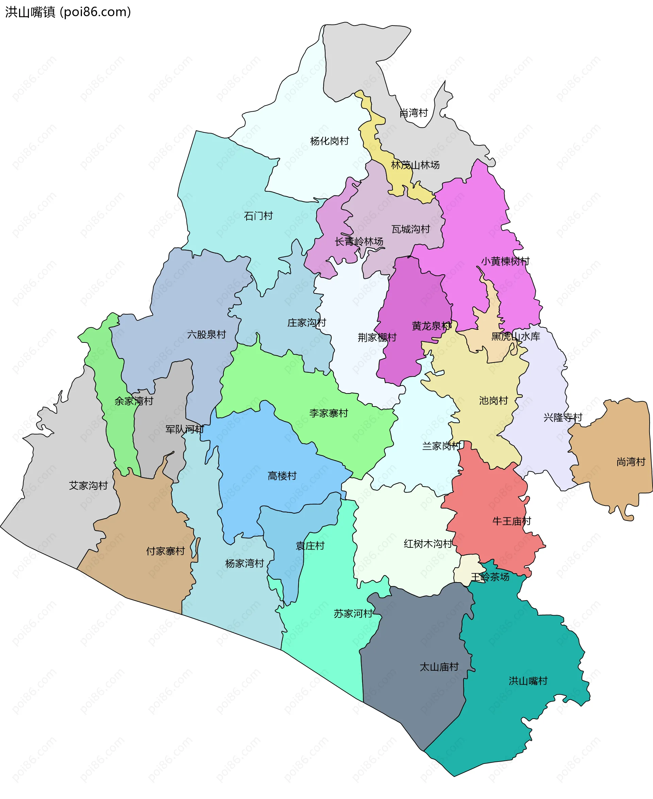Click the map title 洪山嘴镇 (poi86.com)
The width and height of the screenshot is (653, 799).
[68, 12]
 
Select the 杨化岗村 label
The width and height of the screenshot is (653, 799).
[329, 141]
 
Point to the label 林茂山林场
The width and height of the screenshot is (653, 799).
[415, 165]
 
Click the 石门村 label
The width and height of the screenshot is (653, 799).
[258, 216]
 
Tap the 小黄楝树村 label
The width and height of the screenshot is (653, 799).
[505, 261]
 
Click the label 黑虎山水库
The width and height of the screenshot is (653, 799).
[515, 336]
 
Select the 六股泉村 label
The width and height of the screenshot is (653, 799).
[206, 334]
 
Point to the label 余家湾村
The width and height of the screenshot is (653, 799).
[134, 401]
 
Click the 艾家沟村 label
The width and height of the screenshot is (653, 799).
[88, 485]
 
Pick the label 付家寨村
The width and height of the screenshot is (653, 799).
[166, 551]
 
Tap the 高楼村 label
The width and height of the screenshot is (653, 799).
[282, 476]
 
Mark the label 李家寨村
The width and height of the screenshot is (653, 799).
[329, 413]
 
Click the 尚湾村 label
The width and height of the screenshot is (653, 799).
[631, 462]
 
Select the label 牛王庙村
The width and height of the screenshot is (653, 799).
[512, 521]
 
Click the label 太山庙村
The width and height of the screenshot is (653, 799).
[439, 667]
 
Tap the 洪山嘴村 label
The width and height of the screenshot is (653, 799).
[528, 681]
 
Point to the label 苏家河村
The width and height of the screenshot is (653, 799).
[353, 614]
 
